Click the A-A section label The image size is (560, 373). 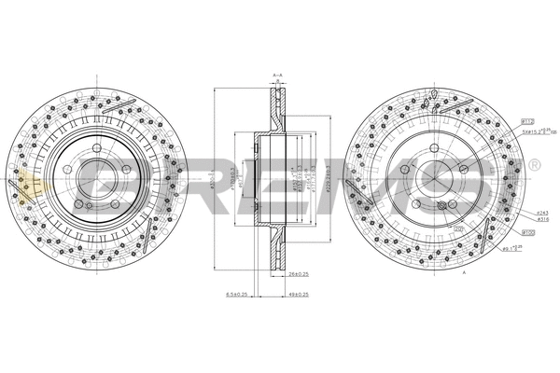point(277,75)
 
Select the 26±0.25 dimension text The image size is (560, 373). point(299,273)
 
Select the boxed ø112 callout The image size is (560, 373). point(527,122)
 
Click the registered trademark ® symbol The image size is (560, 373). point(534,165)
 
